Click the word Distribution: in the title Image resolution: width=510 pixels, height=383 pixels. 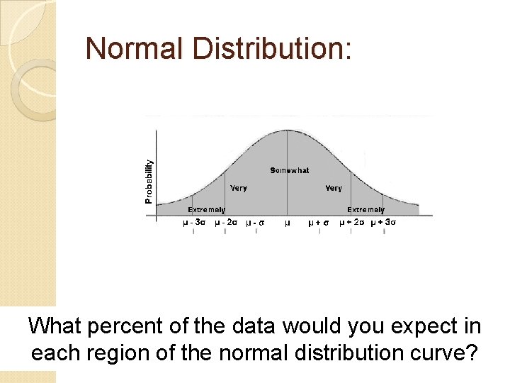pos(277,48)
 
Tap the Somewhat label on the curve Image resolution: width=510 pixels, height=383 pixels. pos(290,170)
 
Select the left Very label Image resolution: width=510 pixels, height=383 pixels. pos(239,188)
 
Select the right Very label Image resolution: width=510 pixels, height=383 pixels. pos(333,188)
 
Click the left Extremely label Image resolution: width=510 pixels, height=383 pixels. pos(206,209)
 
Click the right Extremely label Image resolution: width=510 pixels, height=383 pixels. pos(365,209)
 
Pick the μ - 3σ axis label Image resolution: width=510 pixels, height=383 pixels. pos(194,222)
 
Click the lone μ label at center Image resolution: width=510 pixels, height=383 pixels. pos(287,223)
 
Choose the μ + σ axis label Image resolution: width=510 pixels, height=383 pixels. pos(319,223)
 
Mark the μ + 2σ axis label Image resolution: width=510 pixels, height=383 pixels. pos(351,222)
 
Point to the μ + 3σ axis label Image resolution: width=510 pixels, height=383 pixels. pos(383,222)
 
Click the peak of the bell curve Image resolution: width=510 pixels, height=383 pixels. pos(287,131)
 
